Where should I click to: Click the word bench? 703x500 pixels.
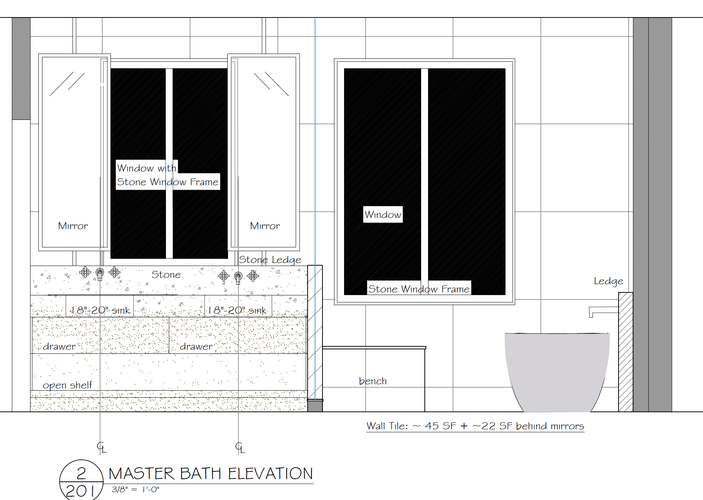(373, 381)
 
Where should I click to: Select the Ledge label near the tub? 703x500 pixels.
(609, 281)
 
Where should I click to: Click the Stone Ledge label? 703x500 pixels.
(270, 260)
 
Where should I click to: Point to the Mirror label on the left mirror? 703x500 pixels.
(73, 226)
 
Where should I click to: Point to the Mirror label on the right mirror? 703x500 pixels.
(265, 226)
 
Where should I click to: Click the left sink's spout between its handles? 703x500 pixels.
(100, 274)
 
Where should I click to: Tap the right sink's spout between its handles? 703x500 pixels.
(238, 277)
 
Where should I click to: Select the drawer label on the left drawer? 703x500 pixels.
(59, 346)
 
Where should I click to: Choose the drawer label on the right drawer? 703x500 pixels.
(196, 346)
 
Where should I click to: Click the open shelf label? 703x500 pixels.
(67, 385)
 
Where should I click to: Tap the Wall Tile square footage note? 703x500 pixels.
(475, 426)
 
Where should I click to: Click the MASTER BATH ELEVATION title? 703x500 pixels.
(211, 474)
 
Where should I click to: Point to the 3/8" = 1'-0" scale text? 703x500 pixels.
(135, 490)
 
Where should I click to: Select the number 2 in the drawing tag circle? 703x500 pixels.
(81, 473)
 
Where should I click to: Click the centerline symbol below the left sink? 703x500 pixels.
(102, 447)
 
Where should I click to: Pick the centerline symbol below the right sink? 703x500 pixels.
(240, 447)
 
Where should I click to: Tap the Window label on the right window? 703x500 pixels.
(383, 215)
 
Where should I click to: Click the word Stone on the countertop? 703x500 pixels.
(166, 275)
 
